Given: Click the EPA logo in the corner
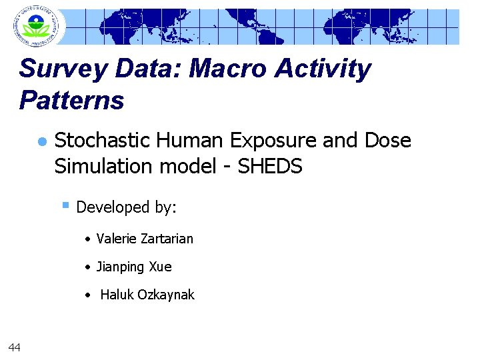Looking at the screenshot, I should [35, 26].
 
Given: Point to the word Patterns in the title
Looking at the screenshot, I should [72, 101].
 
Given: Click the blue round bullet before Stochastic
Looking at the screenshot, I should [41, 142].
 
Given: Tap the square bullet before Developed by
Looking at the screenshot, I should [66, 205].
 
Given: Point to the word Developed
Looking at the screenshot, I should [113, 208].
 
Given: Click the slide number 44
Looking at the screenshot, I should [14, 346].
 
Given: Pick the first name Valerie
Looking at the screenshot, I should [117, 239].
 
